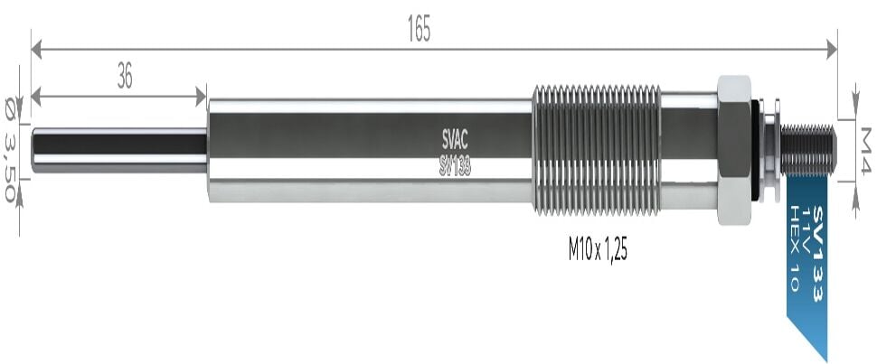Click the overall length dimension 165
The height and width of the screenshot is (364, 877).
[419, 30]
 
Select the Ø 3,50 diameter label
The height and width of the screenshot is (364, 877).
[10, 149]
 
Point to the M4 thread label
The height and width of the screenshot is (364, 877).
[865, 151]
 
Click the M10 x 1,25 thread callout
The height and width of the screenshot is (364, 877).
[598, 251]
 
